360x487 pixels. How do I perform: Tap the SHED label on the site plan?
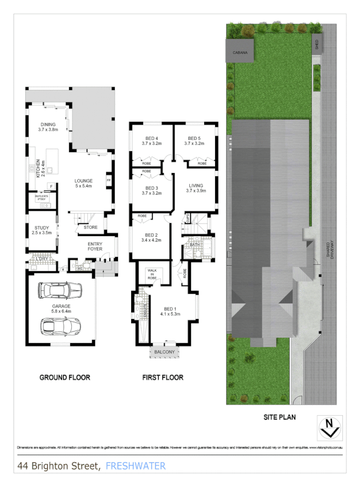point(317,43)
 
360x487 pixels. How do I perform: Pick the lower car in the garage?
point(61,326)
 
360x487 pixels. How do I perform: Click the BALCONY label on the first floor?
point(164,352)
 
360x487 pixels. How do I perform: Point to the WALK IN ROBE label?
point(153,275)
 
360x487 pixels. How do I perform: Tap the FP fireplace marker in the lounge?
point(109,181)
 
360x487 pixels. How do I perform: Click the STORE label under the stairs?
point(91,227)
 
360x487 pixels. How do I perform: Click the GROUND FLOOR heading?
point(65,378)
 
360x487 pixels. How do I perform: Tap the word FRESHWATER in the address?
point(135,466)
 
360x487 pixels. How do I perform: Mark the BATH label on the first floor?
point(195,244)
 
